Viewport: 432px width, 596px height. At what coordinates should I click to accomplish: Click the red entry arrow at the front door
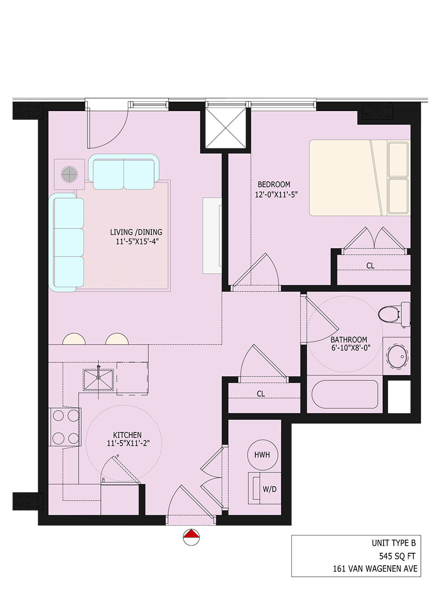point(191,534)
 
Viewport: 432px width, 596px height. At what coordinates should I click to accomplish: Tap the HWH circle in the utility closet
point(262,455)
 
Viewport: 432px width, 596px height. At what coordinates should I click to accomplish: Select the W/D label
point(270,489)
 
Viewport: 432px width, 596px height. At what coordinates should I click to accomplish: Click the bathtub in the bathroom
point(345,395)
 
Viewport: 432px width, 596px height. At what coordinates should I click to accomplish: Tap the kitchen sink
point(99,380)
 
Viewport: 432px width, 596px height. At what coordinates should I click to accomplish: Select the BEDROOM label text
point(274,184)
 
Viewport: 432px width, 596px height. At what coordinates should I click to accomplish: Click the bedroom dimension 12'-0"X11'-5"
point(276,194)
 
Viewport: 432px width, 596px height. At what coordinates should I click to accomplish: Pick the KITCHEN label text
point(127,435)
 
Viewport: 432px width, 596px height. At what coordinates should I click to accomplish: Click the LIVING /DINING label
point(136,232)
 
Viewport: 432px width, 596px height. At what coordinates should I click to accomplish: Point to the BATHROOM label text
point(349,340)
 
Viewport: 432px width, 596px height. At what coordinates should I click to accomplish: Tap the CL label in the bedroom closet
point(370,266)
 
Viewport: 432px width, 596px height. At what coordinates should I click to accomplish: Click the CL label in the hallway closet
point(261,394)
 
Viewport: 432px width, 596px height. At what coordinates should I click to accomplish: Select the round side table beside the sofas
point(69,174)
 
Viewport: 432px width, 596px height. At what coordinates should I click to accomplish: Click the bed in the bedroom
point(359,178)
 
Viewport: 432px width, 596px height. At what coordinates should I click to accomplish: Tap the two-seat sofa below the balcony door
point(123,172)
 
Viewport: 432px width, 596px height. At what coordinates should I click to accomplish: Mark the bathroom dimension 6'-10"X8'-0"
point(351,348)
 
